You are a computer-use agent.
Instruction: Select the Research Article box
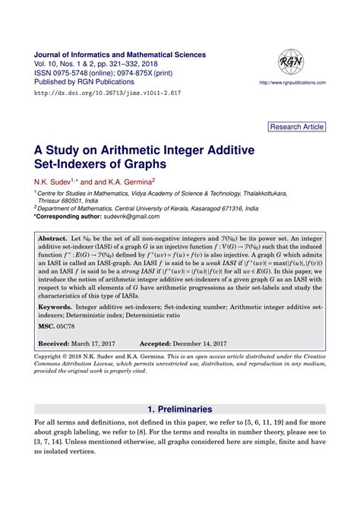coord(298,126)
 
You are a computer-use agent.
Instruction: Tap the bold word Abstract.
coord(53,238)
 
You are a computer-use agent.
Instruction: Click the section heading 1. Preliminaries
coord(179,409)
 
